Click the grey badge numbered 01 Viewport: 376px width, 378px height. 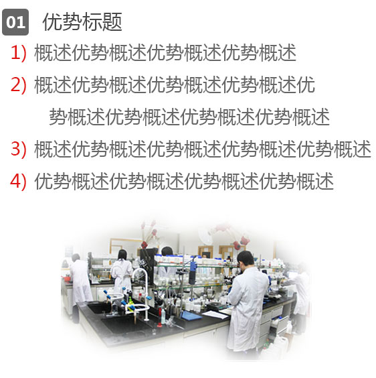click(x=15, y=22)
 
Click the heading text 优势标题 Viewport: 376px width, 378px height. click(x=82, y=22)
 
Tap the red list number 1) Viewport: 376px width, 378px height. click(x=18, y=53)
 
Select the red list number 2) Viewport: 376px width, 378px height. click(x=18, y=85)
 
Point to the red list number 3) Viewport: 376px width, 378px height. click(x=18, y=149)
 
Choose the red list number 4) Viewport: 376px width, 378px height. click(x=18, y=181)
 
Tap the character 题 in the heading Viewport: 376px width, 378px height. click(x=112, y=22)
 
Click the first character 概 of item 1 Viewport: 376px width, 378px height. click(x=43, y=53)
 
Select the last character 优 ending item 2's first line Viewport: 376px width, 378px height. click(x=306, y=85)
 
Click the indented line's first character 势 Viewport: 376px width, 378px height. click(x=58, y=117)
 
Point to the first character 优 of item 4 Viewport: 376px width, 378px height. click(x=43, y=181)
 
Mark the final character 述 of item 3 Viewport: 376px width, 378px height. click(x=362, y=149)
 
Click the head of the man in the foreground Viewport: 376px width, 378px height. click(x=246, y=259)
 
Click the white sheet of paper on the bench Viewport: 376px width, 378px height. click(x=215, y=314)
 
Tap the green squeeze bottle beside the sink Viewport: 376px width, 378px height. click(x=130, y=302)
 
